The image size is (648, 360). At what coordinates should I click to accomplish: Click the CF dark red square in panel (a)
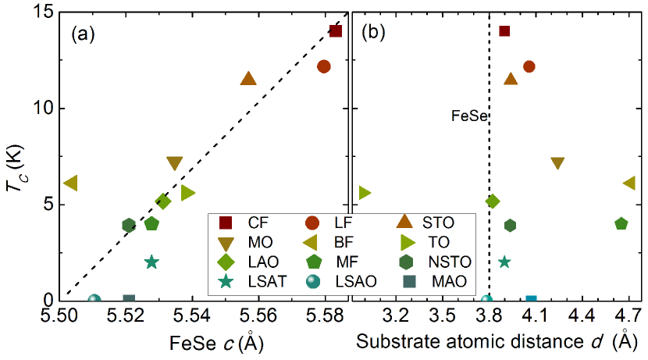point(336,31)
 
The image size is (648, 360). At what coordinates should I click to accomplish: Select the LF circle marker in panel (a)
point(324,66)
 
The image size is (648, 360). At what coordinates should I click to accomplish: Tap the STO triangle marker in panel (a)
point(248,79)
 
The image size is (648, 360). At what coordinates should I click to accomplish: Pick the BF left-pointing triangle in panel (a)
point(70,183)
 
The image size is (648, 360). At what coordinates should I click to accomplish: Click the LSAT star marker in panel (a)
point(151,262)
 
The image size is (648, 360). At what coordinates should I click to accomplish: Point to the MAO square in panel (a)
point(129,300)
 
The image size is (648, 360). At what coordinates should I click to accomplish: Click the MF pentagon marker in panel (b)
point(621,223)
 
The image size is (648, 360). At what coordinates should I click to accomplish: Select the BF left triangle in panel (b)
point(629,183)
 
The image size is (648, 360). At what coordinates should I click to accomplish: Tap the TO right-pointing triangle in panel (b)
point(364,192)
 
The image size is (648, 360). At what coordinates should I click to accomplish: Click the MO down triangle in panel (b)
point(557,163)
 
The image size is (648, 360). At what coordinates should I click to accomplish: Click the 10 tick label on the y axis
point(48,108)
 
